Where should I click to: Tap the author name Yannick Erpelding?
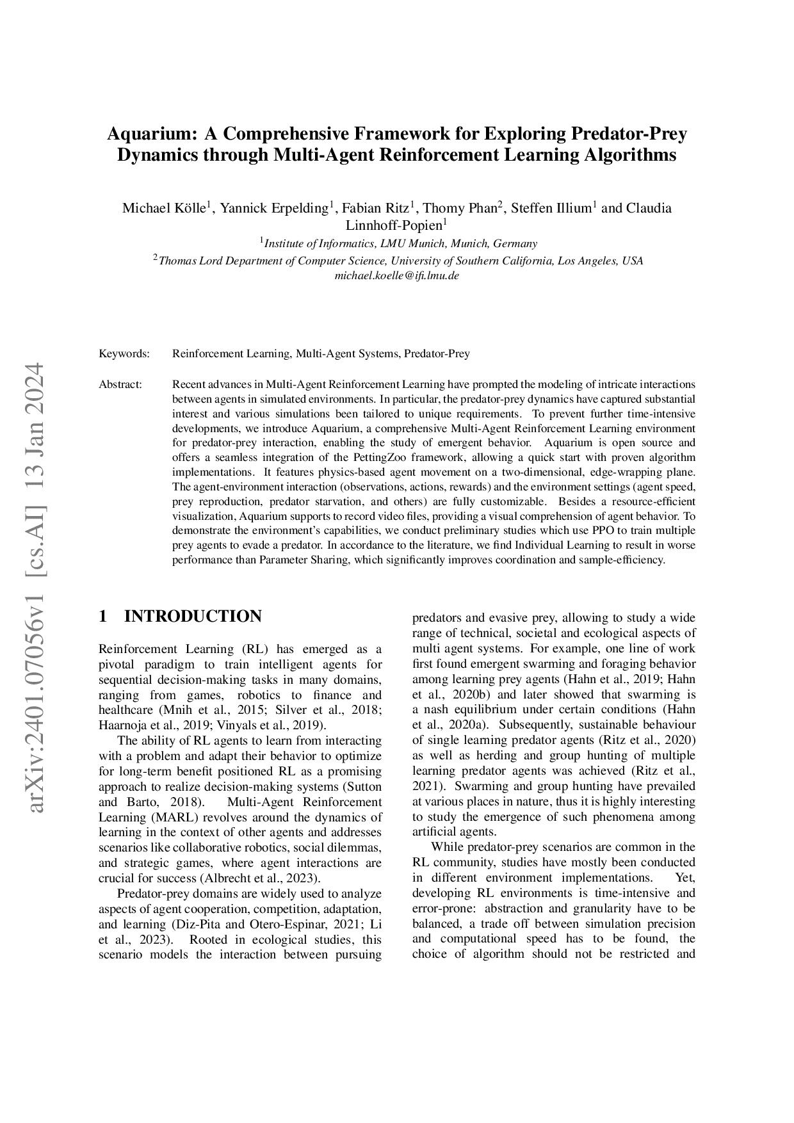click(274, 208)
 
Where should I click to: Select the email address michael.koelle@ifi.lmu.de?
click(397, 276)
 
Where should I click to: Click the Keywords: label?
click(124, 353)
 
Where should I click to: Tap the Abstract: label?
click(120, 384)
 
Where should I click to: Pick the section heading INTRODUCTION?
click(193, 616)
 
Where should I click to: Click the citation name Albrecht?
click(223, 878)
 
